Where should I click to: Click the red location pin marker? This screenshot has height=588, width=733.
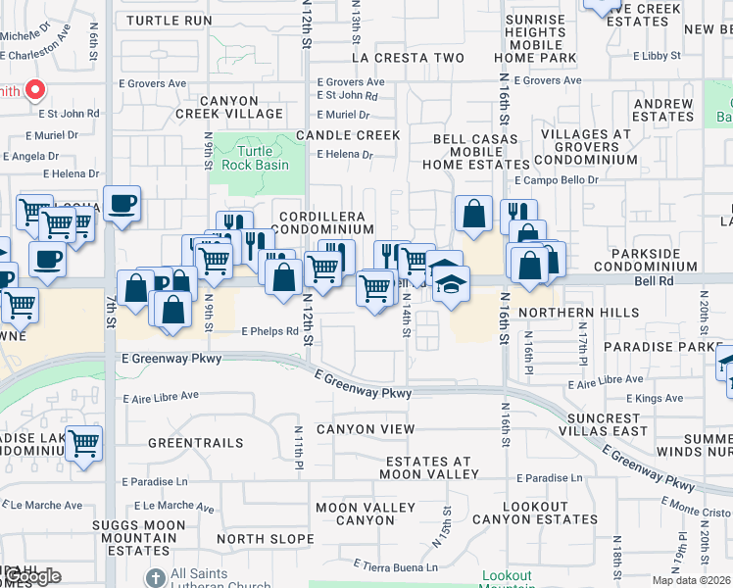[34, 91]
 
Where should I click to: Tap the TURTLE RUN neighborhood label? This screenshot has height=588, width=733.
[170, 21]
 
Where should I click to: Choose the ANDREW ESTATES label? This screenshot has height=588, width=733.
[663, 110]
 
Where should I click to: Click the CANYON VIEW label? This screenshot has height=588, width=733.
[366, 429]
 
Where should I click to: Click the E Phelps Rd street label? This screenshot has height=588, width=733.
[269, 331]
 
